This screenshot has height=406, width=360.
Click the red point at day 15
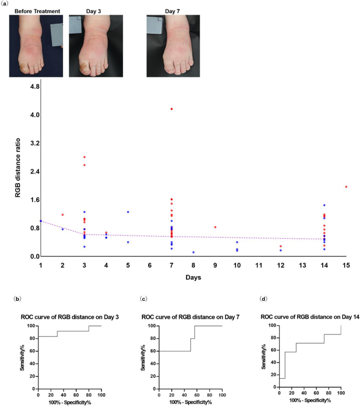(346, 187)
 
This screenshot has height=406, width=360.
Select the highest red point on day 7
(171, 109)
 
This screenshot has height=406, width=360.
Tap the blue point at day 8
(193, 252)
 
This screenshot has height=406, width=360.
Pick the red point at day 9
(215, 227)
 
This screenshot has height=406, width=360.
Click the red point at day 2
(63, 215)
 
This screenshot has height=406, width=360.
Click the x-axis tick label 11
(259, 266)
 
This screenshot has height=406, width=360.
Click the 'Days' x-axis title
(193, 277)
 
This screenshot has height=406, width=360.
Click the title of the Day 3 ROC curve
(63, 317)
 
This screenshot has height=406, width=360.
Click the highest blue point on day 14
(324, 205)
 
